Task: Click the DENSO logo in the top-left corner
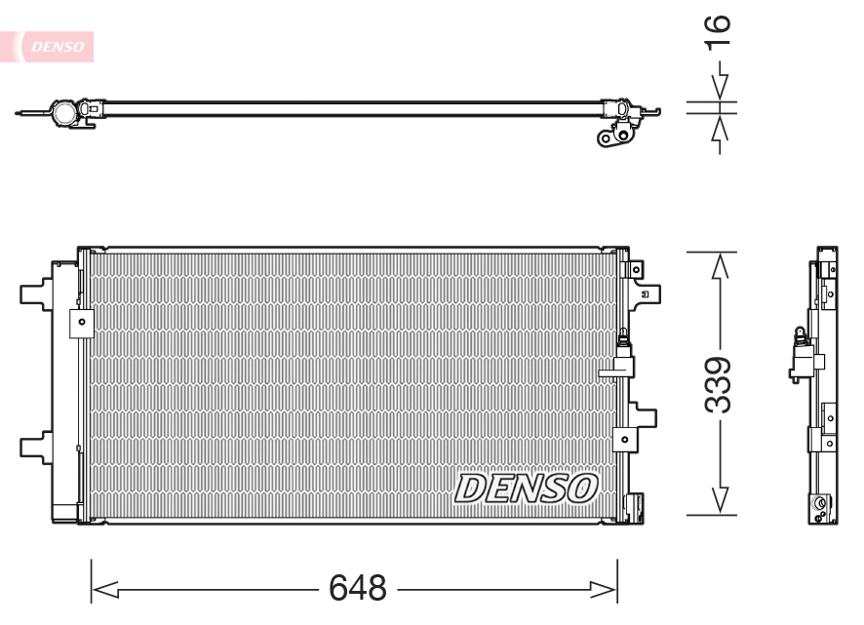pos(56,45)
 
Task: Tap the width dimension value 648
pos(357,588)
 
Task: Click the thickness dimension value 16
pos(718,32)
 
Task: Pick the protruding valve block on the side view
pos(799,359)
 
